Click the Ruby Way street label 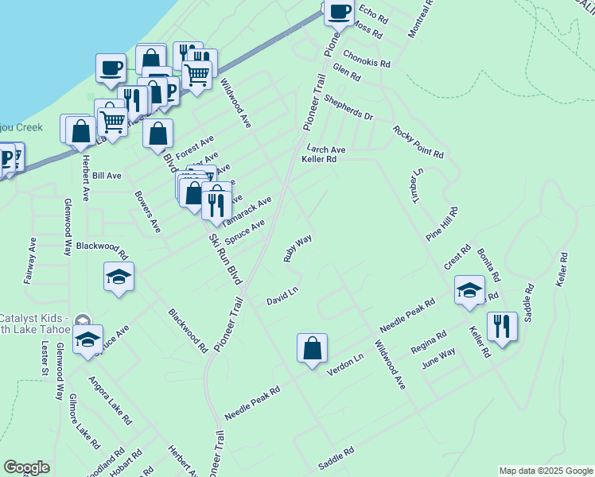coord(297,248)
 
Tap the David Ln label coord(282,296)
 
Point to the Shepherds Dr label coord(347,108)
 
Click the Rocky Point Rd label coord(417,141)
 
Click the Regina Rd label coord(429,344)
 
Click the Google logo coord(26,467)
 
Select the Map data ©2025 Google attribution coord(545,471)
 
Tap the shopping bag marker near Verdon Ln coord(313,348)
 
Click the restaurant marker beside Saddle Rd coord(502,327)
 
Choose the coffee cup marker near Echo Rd coord(339,14)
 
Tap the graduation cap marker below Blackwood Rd coord(119,277)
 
